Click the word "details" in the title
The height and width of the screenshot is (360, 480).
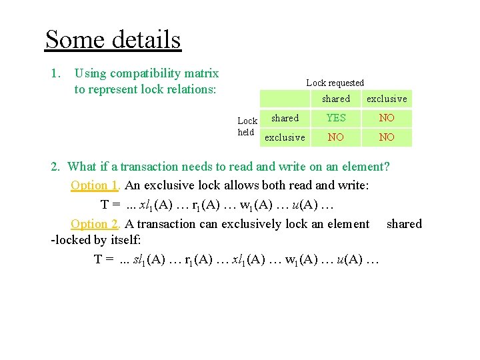point(147,40)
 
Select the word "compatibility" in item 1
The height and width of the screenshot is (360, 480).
point(145,73)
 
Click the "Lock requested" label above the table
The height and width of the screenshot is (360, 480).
point(335,83)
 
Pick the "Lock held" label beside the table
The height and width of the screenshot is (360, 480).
point(247,126)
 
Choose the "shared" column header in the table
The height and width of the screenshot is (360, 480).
point(335,99)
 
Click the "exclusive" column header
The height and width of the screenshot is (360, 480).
point(387,99)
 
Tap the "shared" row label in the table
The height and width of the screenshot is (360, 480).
point(285,118)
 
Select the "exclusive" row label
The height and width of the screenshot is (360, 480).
point(285,137)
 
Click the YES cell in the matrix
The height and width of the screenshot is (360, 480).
point(335,118)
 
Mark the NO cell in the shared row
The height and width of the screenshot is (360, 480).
point(387,118)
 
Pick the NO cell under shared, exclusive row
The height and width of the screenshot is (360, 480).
point(335,137)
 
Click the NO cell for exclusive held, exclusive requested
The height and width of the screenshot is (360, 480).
point(387,137)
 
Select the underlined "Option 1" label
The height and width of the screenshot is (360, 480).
point(94,185)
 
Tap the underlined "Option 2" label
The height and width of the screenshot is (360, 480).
point(94,224)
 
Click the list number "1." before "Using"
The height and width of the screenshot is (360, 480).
point(56,73)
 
